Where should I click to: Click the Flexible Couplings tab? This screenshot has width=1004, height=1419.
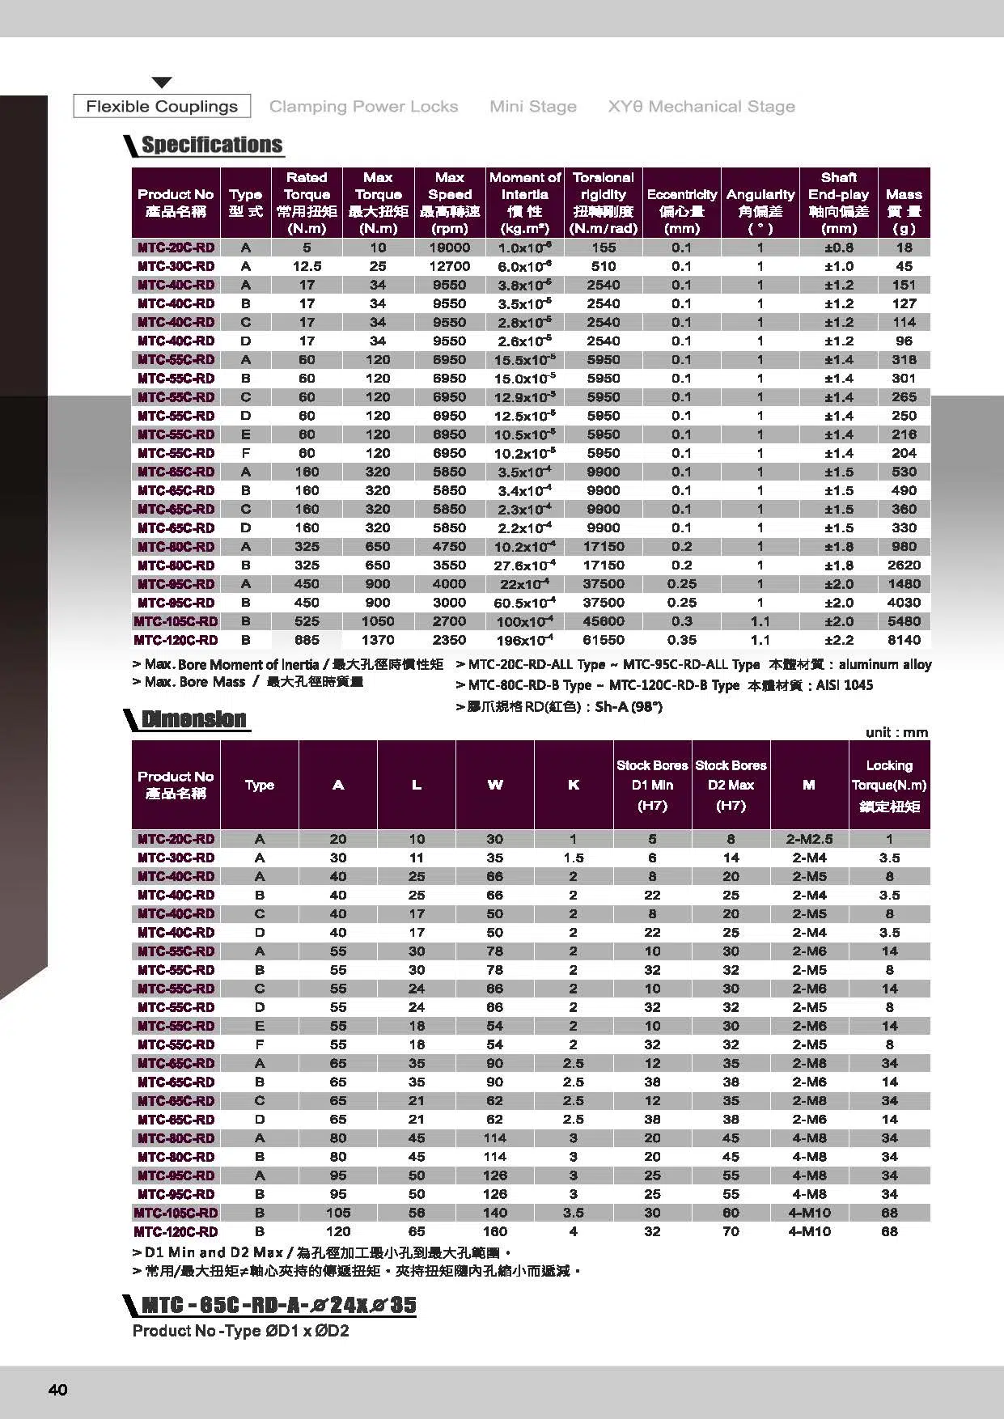[x=162, y=106]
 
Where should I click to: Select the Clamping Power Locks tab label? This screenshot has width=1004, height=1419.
[x=363, y=106]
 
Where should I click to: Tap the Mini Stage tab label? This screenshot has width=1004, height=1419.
[x=533, y=106]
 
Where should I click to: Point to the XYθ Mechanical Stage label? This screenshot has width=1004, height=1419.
[x=701, y=106]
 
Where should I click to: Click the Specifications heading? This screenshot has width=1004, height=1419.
[x=212, y=145]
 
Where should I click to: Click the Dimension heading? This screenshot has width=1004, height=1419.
[x=193, y=719]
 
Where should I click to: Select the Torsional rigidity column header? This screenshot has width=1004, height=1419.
[x=604, y=202]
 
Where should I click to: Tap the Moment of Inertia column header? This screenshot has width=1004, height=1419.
[x=525, y=202]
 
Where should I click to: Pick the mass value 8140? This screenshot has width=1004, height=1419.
[x=904, y=640]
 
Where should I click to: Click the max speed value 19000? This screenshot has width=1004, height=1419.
[x=450, y=248]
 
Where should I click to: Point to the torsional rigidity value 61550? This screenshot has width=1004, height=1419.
[x=604, y=640]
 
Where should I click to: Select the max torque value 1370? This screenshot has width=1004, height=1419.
[x=378, y=640]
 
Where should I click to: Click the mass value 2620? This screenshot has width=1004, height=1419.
[x=904, y=565]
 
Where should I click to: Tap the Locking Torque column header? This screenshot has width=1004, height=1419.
[x=889, y=785]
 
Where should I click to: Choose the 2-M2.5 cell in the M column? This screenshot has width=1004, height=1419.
[x=809, y=839]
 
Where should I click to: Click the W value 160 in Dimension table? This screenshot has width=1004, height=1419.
[x=495, y=1231]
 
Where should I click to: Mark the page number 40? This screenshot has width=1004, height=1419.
[x=58, y=1390]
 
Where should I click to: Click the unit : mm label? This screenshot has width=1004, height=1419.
[x=896, y=732]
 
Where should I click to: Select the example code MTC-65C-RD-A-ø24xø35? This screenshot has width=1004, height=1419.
[x=279, y=1305]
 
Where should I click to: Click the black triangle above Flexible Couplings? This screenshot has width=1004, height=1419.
[x=162, y=83]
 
